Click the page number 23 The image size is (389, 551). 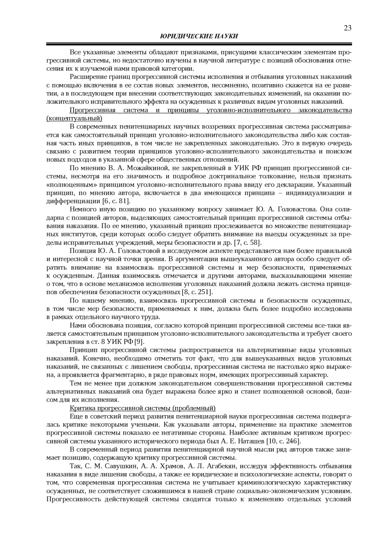click(x=348, y=28)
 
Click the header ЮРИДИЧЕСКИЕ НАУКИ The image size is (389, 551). click(x=199, y=36)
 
